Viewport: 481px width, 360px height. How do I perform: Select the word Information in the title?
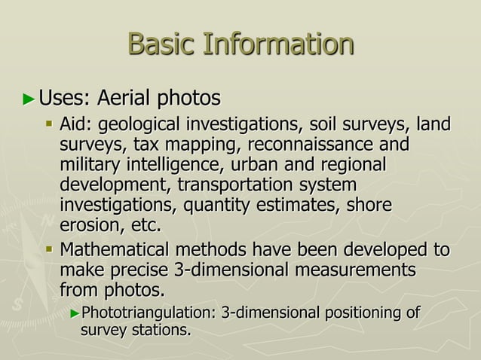tap(278, 44)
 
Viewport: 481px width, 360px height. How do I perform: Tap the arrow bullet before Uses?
tap(29, 99)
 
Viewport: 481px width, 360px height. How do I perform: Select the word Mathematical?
tap(119, 249)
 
